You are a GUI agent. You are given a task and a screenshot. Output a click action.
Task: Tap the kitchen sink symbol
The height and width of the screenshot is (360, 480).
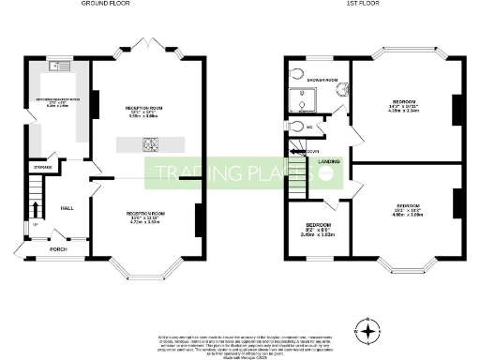58,66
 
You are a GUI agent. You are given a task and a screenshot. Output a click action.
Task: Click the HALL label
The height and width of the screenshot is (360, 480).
67,208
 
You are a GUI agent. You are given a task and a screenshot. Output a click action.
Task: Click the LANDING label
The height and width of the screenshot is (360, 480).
328,161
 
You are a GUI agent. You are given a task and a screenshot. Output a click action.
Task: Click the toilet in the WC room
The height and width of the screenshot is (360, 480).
298,127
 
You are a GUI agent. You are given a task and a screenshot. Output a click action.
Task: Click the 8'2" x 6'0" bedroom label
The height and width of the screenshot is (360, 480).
319,230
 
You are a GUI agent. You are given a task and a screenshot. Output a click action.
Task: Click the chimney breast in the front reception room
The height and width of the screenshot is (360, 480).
199,221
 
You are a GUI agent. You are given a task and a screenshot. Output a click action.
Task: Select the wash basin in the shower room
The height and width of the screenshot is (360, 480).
340,90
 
